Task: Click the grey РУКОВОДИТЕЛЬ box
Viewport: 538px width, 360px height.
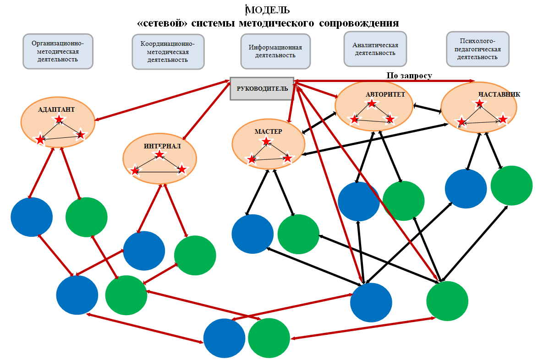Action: tap(262, 88)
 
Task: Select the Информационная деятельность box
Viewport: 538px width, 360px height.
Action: tap(275, 51)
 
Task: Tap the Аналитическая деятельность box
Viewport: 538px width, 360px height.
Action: tap(375, 49)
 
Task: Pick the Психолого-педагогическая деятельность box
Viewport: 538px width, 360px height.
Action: tap(478, 49)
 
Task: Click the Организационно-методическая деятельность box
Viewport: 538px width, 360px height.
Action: tap(58, 51)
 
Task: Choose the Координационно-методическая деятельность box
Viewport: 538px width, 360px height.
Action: tap(168, 52)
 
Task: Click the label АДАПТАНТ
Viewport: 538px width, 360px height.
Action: tap(56, 110)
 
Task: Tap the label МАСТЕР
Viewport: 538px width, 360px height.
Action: tap(269, 131)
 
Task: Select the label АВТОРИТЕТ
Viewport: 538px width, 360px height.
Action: tap(385, 94)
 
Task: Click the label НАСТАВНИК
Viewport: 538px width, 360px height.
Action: tap(499, 94)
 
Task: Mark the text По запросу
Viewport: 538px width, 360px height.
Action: tap(409, 76)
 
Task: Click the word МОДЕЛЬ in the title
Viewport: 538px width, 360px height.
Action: tap(268, 10)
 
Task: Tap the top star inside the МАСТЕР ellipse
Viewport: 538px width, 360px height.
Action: tap(266, 141)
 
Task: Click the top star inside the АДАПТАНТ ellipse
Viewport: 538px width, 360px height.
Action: tap(59, 119)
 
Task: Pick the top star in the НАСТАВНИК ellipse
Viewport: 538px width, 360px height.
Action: tap(479, 103)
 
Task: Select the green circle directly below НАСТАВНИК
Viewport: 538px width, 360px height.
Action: tap(511, 185)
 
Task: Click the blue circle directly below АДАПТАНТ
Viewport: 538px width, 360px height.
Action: tap(32, 217)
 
